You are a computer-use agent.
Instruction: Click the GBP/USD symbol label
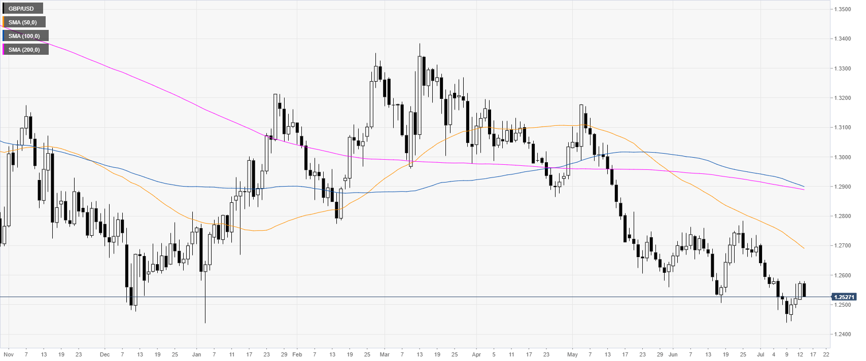coord(21,9)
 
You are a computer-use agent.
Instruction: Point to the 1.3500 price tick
coord(843,9)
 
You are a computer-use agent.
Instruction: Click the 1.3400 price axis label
coord(843,39)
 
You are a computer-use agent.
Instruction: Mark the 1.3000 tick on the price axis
coord(843,157)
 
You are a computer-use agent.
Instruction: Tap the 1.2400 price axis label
coord(843,335)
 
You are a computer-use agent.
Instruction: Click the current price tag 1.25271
coord(844,297)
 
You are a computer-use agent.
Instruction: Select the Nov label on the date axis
coord(9,354)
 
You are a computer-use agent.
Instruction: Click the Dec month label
coord(105,354)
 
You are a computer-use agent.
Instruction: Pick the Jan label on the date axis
coord(196,354)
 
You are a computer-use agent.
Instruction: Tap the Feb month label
coord(297,354)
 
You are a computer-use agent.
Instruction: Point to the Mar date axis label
coord(385,354)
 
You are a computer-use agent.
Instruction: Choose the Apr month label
coord(476,354)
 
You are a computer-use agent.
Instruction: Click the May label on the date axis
coord(572,354)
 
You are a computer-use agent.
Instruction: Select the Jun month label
coord(673,354)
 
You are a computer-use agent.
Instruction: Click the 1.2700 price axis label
coord(843,246)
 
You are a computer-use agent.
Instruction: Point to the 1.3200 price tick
coord(843,98)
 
